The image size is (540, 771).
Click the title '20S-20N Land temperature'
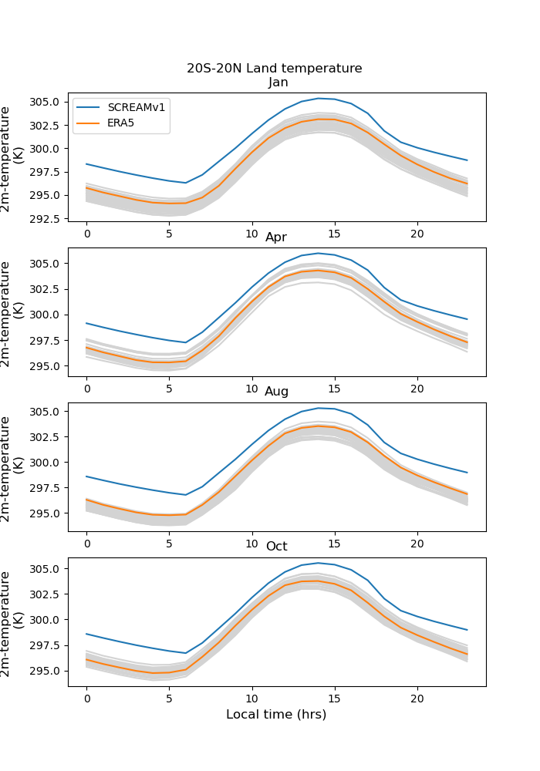coord(274,69)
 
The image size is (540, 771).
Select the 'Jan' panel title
coord(278,82)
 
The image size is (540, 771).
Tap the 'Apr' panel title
coord(276,237)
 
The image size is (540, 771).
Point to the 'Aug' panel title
coord(277,392)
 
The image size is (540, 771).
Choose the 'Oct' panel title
coord(276,547)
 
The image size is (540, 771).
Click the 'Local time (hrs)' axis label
coord(276,715)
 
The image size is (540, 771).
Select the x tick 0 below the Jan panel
coord(87,234)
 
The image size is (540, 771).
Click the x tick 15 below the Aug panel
coord(335,544)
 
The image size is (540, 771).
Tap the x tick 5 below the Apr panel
coord(170,389)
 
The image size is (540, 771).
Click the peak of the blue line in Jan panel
coord(318,98)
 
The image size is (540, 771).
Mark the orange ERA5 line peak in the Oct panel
coord(318,581)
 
